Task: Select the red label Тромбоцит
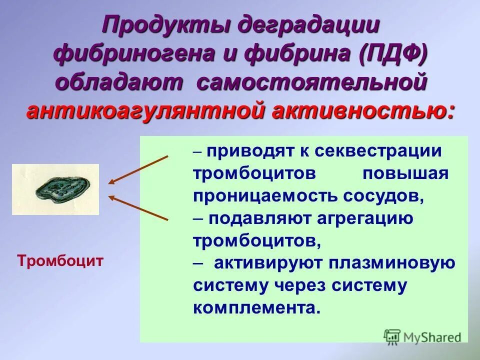coord(60,260)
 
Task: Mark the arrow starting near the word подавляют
coord(139,207)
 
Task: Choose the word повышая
coord(406,173)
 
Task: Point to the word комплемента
coord(255,307)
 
